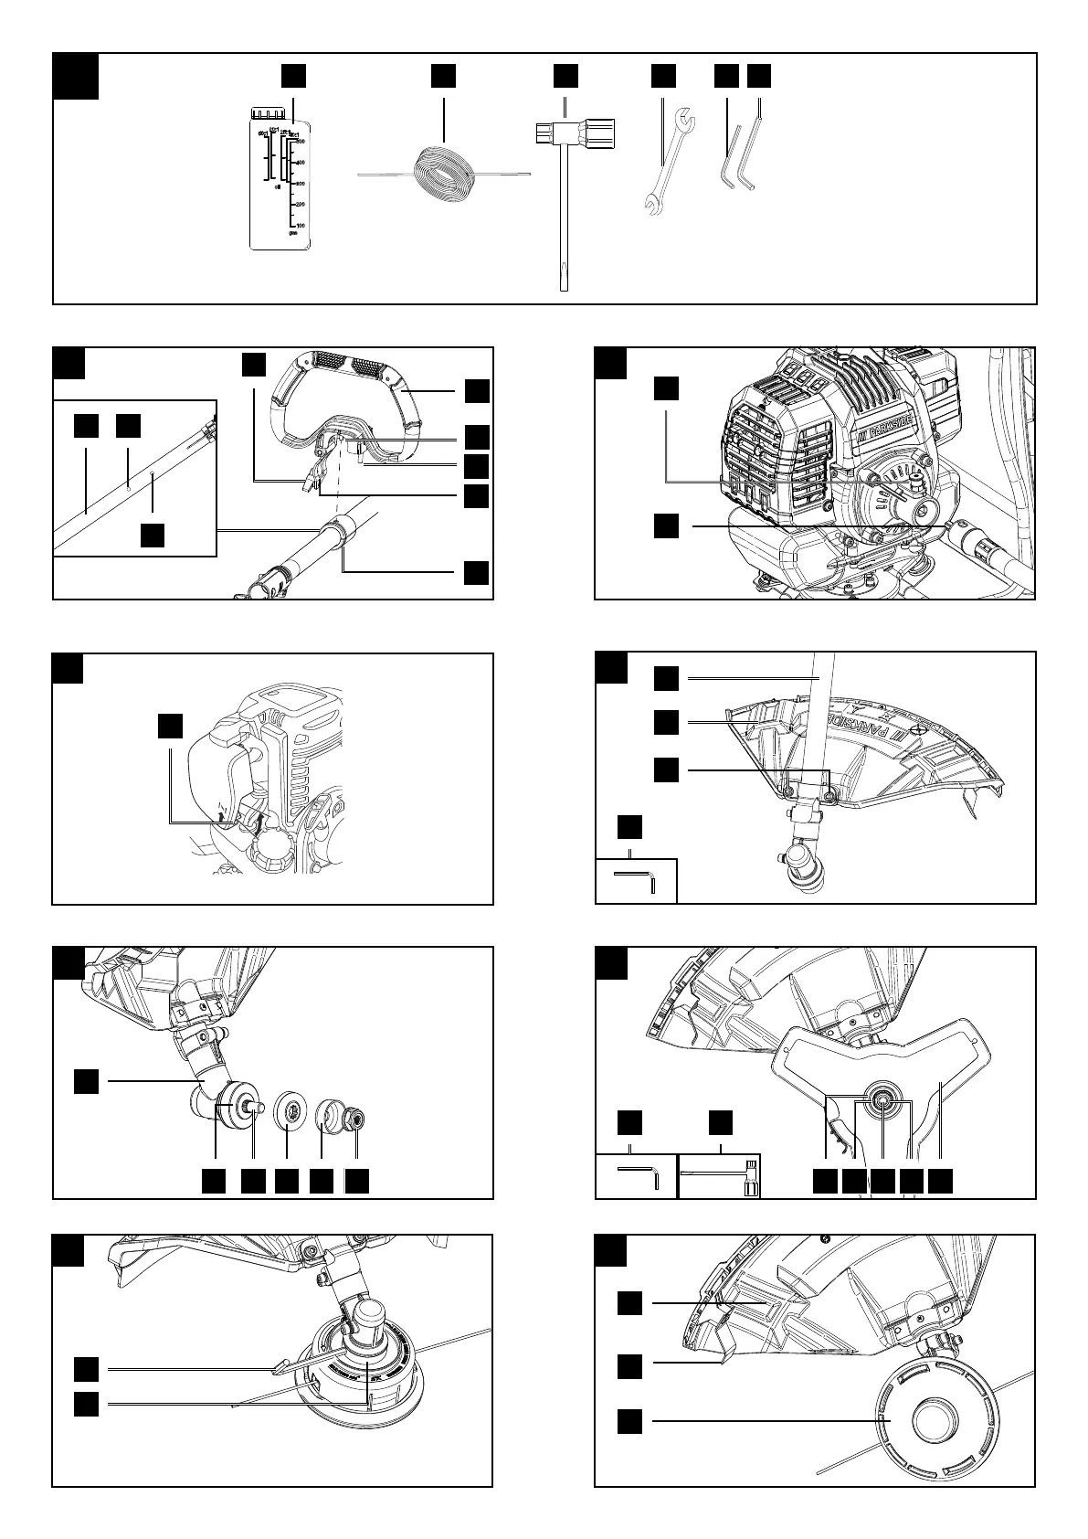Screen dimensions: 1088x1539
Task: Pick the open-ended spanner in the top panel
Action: point(667,161)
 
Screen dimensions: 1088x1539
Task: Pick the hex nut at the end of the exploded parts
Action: point(357,1118)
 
